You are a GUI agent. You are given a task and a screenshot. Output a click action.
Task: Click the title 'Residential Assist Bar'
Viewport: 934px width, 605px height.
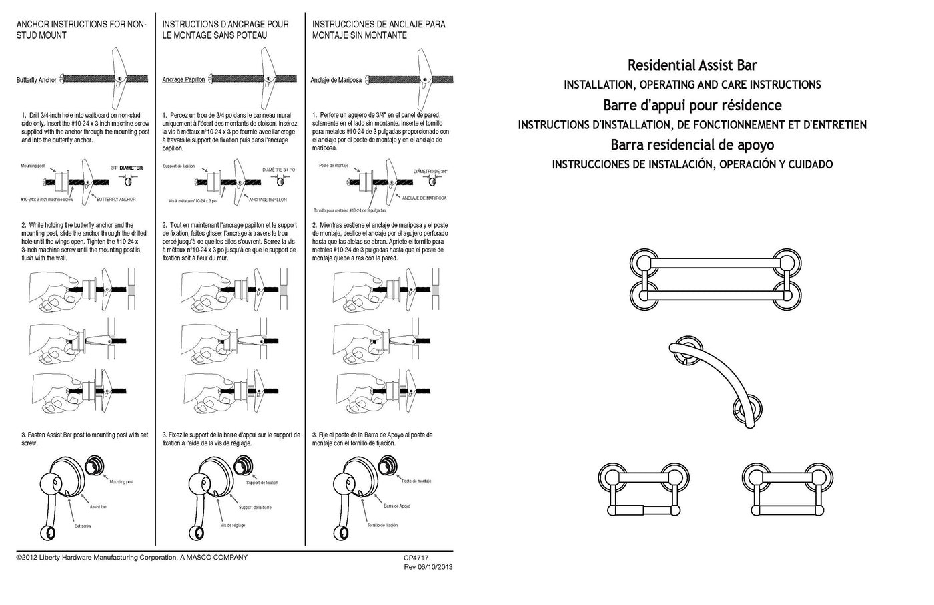click(x=692, y=65)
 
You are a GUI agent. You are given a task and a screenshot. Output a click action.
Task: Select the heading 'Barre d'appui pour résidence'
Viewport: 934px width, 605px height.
click(x=692, y=106)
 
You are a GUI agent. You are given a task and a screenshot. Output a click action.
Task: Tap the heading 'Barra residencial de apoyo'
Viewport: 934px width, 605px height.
click(x=692, y=145)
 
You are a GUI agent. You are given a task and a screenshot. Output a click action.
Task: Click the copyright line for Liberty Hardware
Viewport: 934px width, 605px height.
click(x=131, y=558)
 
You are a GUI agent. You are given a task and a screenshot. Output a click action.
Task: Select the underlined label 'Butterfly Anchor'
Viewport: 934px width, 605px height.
click(x=37, y=80)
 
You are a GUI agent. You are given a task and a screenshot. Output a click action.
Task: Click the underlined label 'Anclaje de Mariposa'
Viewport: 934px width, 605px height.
click(x=336, y=80)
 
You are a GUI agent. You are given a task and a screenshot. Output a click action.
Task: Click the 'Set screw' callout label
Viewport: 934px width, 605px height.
click(x=83, y=526)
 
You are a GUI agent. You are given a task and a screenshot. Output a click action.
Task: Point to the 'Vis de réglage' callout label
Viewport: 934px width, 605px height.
click(x=233, y=526)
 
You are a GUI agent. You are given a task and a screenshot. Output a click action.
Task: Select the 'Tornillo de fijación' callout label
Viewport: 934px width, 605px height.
click(x=382, y=525)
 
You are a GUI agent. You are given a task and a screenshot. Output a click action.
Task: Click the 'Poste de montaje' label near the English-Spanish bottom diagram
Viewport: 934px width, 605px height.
click(x=417, y=481)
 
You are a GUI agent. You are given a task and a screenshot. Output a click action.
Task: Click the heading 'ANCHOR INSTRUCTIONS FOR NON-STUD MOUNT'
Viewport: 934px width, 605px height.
click(x=81, y=29)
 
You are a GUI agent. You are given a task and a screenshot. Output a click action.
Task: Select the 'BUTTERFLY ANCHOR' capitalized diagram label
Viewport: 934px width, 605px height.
click(x=117, y=200)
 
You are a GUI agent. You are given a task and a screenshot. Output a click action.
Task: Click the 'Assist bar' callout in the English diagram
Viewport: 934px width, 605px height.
click(x=99, y=507)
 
